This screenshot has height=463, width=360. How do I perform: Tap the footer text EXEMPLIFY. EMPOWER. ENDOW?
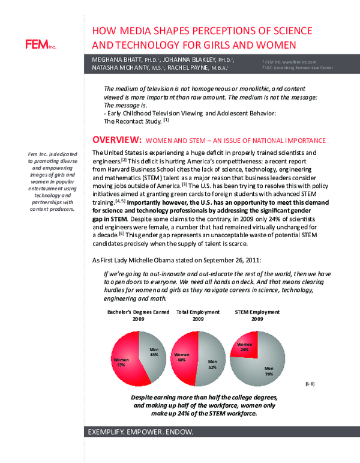coord(141,432)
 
